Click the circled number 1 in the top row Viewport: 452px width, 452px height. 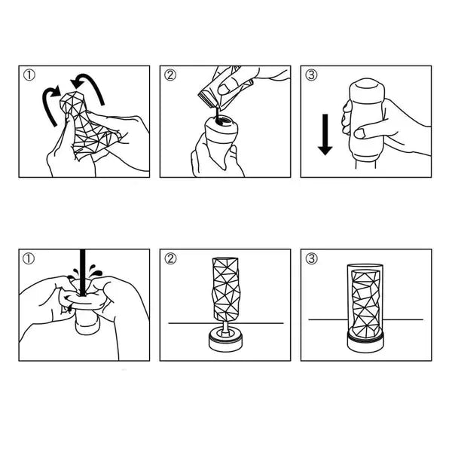click(29, 75)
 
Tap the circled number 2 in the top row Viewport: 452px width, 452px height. click(171, 75)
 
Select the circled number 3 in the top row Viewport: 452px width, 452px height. click(312, 75)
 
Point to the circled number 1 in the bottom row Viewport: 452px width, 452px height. click(29, 260)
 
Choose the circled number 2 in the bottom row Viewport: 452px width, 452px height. click(171, 260)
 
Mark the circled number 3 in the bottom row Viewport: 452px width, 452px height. click(312, 260)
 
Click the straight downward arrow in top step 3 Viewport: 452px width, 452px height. click(325, 136)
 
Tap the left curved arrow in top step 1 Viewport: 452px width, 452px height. click(50, 105)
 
